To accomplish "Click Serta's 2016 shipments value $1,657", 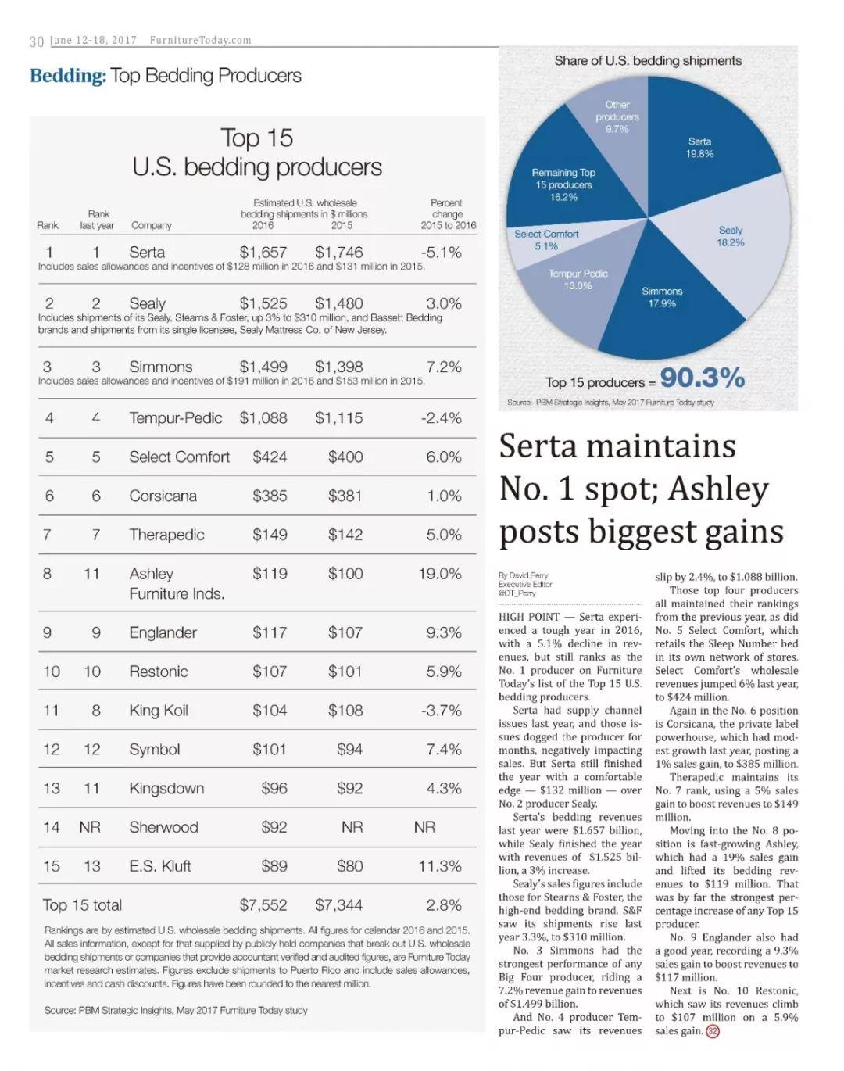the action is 263,252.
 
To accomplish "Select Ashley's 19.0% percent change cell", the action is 439,574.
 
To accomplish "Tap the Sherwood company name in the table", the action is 163,826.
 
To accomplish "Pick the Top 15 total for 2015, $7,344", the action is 338,904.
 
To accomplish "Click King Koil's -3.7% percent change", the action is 441,710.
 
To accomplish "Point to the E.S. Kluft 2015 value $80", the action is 349,865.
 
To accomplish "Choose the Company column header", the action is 151,225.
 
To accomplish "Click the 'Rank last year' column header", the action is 97,220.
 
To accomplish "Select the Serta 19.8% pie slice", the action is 706,145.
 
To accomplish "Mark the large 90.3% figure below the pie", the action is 702,378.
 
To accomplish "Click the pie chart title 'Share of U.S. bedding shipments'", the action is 647,61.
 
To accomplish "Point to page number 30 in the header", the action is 37,41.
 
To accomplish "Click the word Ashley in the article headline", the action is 717,489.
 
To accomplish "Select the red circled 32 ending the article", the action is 713,1030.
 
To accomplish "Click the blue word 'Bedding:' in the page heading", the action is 68,76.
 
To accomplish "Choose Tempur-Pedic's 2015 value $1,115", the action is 338,417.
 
